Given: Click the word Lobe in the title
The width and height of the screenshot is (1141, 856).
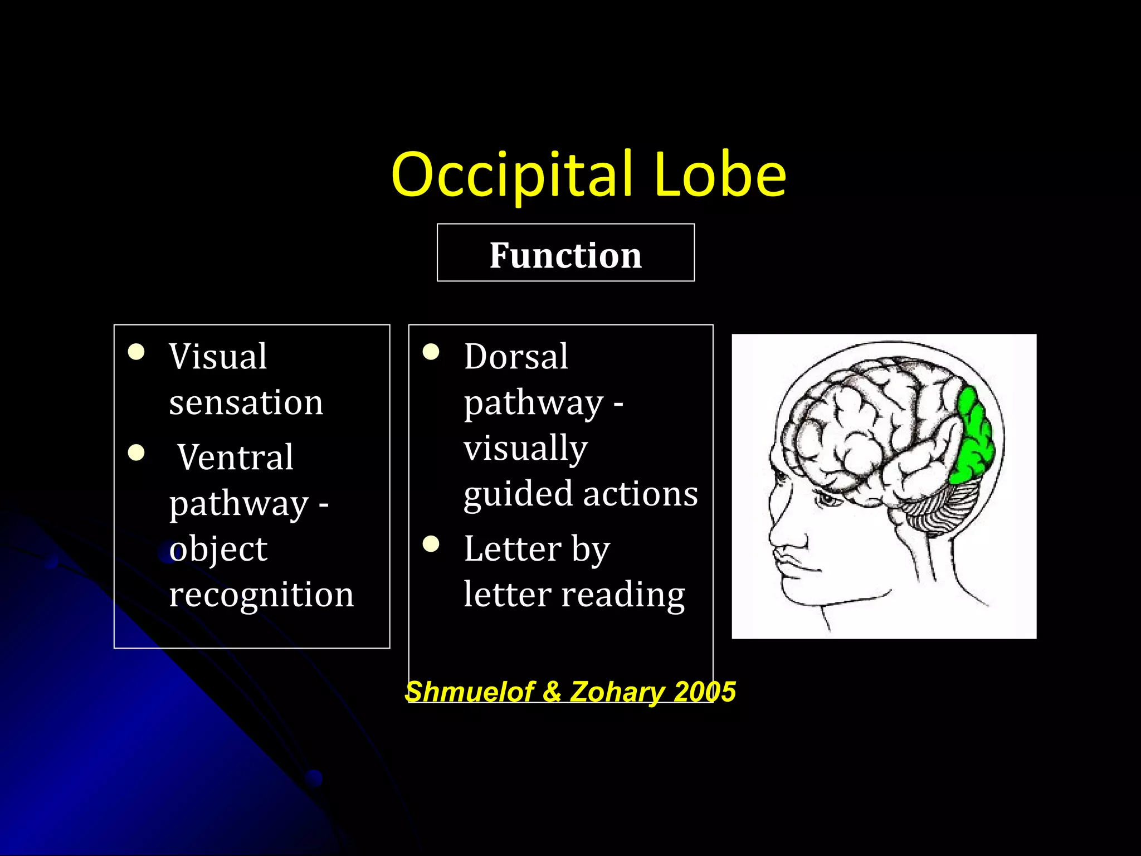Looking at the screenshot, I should click(720, 174).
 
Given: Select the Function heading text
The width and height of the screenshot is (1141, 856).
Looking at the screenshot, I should click(565, 255).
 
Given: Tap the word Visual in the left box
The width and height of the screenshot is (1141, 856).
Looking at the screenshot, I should click(218, 357).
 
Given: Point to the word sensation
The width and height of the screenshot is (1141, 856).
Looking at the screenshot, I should click(246, 402).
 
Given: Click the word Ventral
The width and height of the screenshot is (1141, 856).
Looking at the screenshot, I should click(235, 458).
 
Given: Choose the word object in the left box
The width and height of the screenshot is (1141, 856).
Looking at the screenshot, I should click(218, 549).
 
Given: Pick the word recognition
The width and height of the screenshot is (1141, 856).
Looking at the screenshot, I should click(261, 595).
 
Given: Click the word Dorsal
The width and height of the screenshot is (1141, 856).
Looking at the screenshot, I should click(516, 357).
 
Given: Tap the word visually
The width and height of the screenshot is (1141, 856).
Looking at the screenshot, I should click(525, 448).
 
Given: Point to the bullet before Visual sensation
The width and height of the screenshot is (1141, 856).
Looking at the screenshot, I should click(136, 352).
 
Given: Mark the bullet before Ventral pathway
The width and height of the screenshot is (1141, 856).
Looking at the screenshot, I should click(136, 453).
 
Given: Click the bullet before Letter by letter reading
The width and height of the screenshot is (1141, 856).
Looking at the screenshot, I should click(431, 544).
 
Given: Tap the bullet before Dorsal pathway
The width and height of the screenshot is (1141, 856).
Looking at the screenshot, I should click(431, 352).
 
